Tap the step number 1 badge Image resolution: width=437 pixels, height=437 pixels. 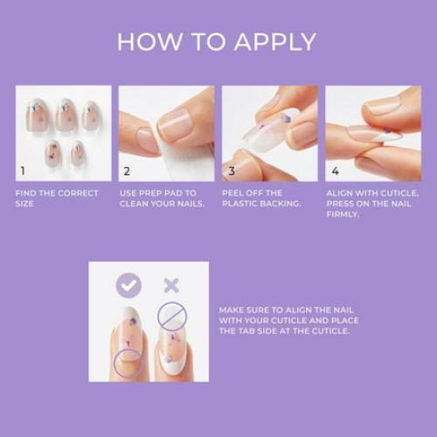click(24, 171)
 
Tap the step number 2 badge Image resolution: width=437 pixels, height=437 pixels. click(127, 171)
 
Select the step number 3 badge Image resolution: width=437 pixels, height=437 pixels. click(232, 171)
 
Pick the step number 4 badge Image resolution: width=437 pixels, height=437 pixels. click(335, 171)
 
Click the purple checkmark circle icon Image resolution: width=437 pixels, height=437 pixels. click(129, 284)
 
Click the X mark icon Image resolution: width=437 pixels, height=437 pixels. click(171, 284)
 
